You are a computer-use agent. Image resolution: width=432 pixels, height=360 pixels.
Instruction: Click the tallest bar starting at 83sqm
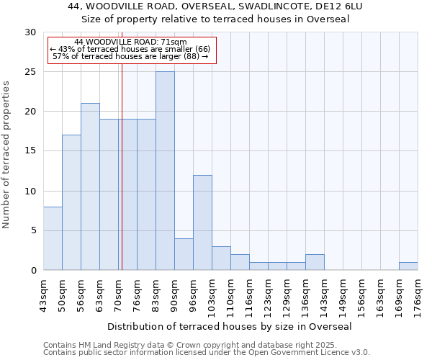click(165, 171)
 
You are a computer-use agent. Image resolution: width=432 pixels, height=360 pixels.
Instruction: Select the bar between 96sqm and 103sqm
click(202, 222)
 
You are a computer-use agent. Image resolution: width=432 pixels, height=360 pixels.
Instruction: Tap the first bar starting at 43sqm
click(53, 238)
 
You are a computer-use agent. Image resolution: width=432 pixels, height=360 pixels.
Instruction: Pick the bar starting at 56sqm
click(90, 186)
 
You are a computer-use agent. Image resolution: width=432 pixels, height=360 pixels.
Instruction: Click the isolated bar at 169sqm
click(408, 266)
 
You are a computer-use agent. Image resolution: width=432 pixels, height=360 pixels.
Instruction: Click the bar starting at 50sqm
click(71, 202)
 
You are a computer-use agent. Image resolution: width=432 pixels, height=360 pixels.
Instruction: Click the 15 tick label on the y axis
click(30, 151)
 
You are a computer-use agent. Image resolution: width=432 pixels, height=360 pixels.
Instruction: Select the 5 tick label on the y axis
click(33, 231)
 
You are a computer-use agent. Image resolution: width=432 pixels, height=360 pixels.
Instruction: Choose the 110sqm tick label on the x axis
click(231, 296)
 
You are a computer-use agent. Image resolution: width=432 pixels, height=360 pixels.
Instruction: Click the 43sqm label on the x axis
click(44, 296)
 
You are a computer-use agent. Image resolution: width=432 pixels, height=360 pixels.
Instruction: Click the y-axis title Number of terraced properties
click(7, 154)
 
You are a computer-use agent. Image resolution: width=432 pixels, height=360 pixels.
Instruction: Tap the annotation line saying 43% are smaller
click(130, 49)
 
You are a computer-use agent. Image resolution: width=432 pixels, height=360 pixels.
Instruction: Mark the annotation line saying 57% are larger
click(130, 56)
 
